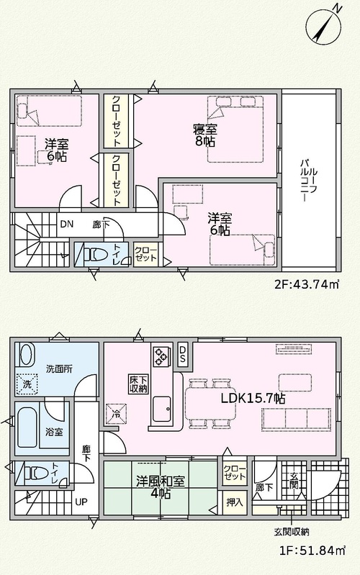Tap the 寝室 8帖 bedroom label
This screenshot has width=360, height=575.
(x=205, y=135)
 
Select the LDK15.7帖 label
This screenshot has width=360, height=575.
(x=253, y=398)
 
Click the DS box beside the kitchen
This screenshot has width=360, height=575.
(x=183, y=354)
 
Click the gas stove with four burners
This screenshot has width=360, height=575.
(x=161, y=356)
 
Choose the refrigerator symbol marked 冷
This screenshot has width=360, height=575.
(x=116, y=414)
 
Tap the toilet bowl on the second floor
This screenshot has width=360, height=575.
(x=95, y=254)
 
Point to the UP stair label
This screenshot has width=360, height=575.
(x=81, y=502)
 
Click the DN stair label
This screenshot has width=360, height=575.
(x=66, y=224)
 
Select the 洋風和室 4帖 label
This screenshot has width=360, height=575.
(x=161, y=487)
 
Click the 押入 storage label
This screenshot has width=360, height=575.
(x=235, y=502)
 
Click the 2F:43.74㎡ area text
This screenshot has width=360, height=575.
(x=307, y=284)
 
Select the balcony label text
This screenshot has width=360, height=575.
(x=308, y=181)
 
